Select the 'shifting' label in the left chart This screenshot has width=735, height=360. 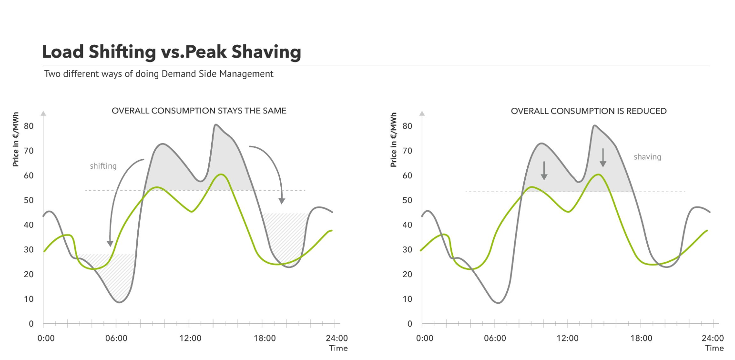103,166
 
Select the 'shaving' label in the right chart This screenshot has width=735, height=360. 647,156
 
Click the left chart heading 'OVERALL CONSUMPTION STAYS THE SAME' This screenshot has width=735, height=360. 199,111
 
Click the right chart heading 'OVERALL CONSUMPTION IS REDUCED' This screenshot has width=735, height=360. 589,111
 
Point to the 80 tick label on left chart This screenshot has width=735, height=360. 29,126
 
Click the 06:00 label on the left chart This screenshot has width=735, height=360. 116,338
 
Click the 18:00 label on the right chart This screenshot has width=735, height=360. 641,338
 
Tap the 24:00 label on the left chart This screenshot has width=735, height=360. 337,338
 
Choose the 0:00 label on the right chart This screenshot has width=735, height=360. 425,338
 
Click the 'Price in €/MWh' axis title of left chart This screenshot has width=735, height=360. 16,140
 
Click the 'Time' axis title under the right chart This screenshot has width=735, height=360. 714,348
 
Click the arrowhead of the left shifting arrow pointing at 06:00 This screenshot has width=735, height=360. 110,243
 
